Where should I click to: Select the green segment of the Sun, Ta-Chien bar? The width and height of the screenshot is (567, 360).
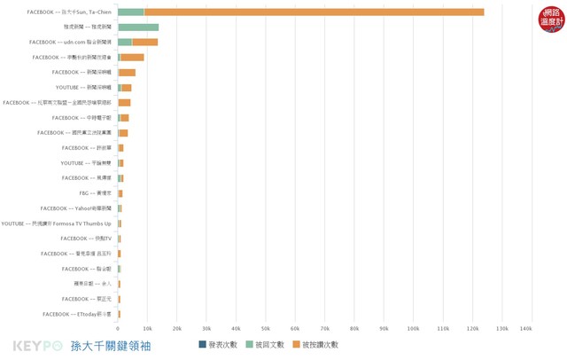(x=131, y=12)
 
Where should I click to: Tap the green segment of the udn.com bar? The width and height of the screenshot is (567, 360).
(x=125, y=42)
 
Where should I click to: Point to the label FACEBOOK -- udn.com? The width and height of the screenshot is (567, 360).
(x=71, y=42)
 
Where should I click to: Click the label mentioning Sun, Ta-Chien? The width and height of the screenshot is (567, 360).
(x=70, y=12)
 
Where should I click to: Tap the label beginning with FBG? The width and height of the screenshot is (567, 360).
(x=95, y=193)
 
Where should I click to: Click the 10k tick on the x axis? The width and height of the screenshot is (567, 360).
(x=147, y=328)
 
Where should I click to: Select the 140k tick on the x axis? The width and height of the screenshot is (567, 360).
(x=525, y=328)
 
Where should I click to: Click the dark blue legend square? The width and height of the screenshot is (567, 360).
(x=203, y=344)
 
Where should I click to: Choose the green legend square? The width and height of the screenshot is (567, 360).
(x=249, y=344)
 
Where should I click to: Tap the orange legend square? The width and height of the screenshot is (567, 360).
(x=297, y=344)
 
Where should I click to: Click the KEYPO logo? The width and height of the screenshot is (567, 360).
(x=35, y=346)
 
